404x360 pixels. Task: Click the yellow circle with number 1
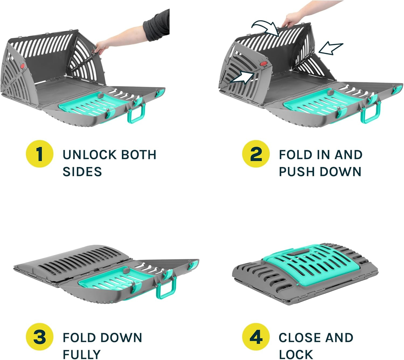pyautogui.click(x=40, y=154)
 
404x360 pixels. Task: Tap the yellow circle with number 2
pyautogui.click(x=256, y=154)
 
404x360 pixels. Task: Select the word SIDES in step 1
pyautogui.click(x=82, y=171)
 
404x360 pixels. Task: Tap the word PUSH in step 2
pyautogui.click(x=297, y=171)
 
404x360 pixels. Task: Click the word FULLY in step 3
pyautogui.click(x=82, y=355)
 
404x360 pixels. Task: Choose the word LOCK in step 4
pyautogui.click(x=296, y=355)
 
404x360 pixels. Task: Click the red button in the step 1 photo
pyautogui.click(x=23, y=66)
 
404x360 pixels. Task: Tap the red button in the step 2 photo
pyautogui.click(x=264, y=64)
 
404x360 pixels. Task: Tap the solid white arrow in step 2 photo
pyautogui.click(x=243, y=77)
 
